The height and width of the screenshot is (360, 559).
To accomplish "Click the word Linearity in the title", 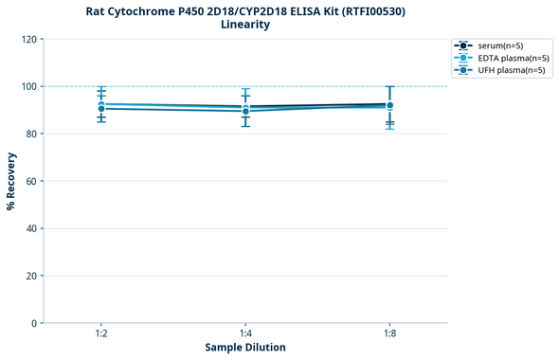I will pyautogui.click(x=245, y=25).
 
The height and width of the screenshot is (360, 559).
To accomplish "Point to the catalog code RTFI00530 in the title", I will pyautogui.click(x=369, y=10).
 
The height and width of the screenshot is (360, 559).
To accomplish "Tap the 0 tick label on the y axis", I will pyautogui.click(x=34, y=323).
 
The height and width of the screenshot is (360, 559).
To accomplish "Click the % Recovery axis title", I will pyautogui.click(x=11, y=181).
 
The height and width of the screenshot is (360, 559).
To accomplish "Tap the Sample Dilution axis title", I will pyautogui.click(x=245, y=348).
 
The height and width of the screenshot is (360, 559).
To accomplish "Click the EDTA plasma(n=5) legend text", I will pyautogui.click(x=514, y=58).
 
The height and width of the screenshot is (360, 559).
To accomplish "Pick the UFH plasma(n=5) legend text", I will pyautogui.click(x=512, y=70).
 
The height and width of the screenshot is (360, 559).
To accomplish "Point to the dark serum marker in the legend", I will pyautogui.click(x=462, y=45).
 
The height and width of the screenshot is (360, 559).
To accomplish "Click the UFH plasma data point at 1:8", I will pyautogui.click(x=389, y=105).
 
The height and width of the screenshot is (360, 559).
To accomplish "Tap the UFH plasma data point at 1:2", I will pyautogui.click(x=100, y=109).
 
